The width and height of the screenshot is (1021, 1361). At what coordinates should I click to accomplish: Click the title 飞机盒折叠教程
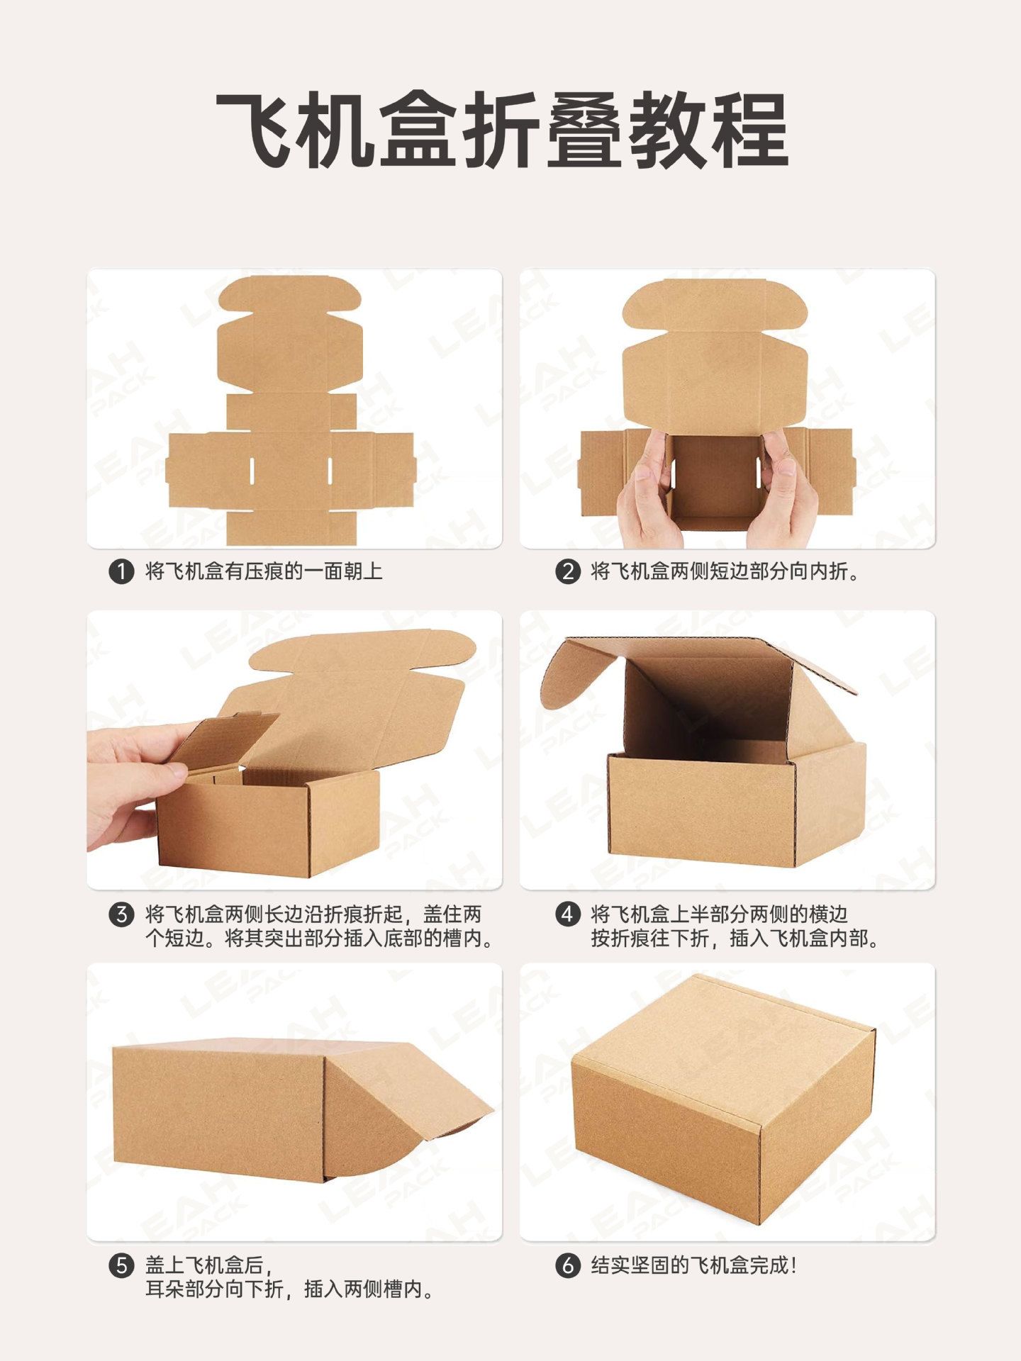click(x=502, y=131)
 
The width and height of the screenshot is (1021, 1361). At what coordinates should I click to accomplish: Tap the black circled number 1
click(x=121, y=572)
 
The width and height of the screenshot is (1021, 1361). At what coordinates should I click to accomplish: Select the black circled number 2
click(x=567, y=572)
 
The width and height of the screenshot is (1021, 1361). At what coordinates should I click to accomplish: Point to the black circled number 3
click(x=121, y=914)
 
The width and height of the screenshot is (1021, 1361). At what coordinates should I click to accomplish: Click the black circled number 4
click(x=567, y=914)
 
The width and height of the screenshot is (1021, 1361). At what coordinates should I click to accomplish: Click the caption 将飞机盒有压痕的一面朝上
click(x=264, y=571)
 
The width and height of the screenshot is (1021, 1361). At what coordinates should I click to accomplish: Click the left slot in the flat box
click(x=252, y=471)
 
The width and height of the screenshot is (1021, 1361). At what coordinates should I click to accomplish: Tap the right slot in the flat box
click(x=330, y=471)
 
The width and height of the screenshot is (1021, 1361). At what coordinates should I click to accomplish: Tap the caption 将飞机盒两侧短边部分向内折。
click(x=725, y=571)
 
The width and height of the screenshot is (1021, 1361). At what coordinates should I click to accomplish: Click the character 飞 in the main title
click(x=255, y=131)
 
